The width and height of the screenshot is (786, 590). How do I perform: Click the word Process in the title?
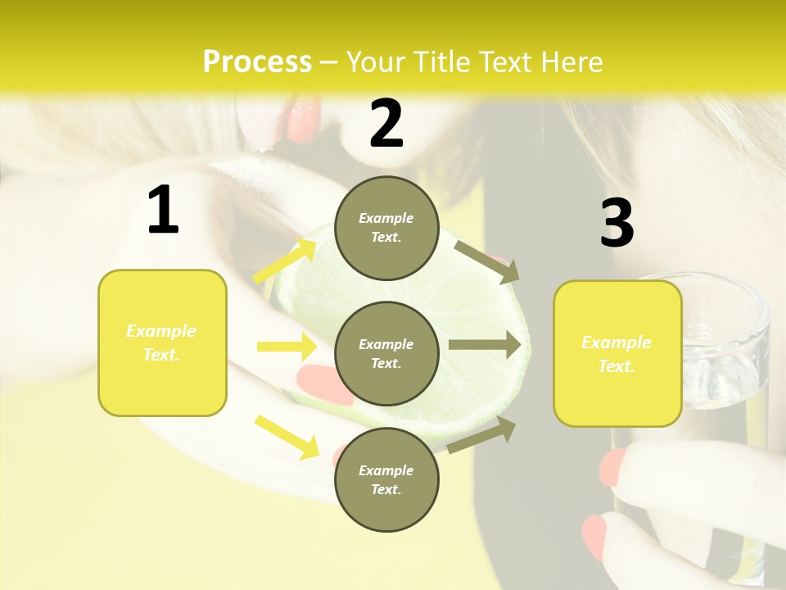257,62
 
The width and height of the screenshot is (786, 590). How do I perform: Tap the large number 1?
163,211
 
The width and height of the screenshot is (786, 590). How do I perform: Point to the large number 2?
386,124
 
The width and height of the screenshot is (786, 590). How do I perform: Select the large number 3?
617,224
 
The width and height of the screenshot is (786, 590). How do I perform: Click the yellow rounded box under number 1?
162,343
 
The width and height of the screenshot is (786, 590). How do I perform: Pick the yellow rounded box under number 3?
617,353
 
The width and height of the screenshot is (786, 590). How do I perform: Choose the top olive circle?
386,228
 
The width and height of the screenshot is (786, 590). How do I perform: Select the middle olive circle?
386,353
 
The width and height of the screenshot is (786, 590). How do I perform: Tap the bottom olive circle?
386,479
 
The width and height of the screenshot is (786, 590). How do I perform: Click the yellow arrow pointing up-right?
286,260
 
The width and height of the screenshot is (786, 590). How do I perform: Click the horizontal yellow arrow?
287,347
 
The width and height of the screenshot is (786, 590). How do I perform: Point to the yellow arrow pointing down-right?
287,436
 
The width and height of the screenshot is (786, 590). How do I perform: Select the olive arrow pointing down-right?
486,260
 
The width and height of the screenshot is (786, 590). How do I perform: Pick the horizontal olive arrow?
485,345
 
